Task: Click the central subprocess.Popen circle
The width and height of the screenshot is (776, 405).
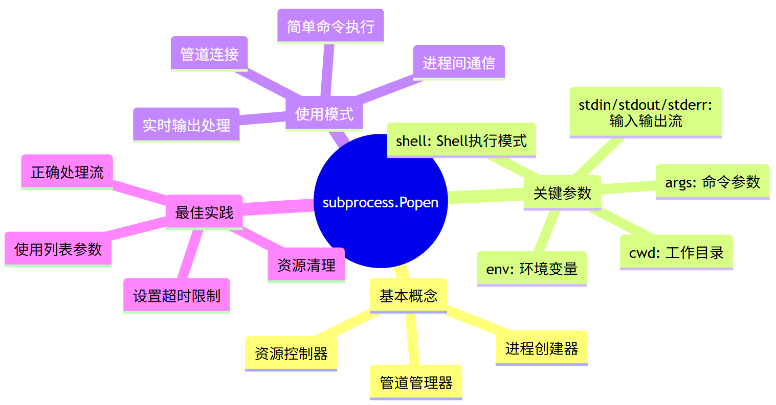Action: [x=381, y=202]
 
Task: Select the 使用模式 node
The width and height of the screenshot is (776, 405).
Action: [x=324, y=114]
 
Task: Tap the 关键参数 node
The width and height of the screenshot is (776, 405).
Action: [x=562, y=193]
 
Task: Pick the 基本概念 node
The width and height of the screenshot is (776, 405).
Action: [x=408, y=295]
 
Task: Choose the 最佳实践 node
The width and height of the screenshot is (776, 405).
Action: [x=204, y=212]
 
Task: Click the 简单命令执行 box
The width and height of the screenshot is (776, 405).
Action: [x=330, y=26]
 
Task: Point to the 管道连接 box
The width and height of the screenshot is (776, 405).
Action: [x=209, y=54]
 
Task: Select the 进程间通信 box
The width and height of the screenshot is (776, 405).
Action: [x=459, y=62]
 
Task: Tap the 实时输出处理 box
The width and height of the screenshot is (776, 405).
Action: [x=186, y=125]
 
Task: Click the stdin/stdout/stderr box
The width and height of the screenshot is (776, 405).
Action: [x=646, y=112]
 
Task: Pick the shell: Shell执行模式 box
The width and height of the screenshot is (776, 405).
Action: [x=461, y=140]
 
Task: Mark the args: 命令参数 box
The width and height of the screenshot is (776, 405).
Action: [x=713, y=182]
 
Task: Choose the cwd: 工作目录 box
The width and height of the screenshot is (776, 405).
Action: [x=676, y=252]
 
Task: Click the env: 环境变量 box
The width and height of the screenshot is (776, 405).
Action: [x=531, y=269]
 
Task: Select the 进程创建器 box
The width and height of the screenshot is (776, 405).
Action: [x=541, y=348]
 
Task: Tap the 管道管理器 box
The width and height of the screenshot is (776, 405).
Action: [x=416, y=382]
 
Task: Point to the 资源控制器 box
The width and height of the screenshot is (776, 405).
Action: [x=291, y=353]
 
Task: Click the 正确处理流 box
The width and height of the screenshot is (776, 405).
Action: [x=67, y=172]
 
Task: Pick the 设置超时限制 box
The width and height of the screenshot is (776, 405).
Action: [x=176, y=295]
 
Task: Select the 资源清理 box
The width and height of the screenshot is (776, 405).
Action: [x=306, y=265]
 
